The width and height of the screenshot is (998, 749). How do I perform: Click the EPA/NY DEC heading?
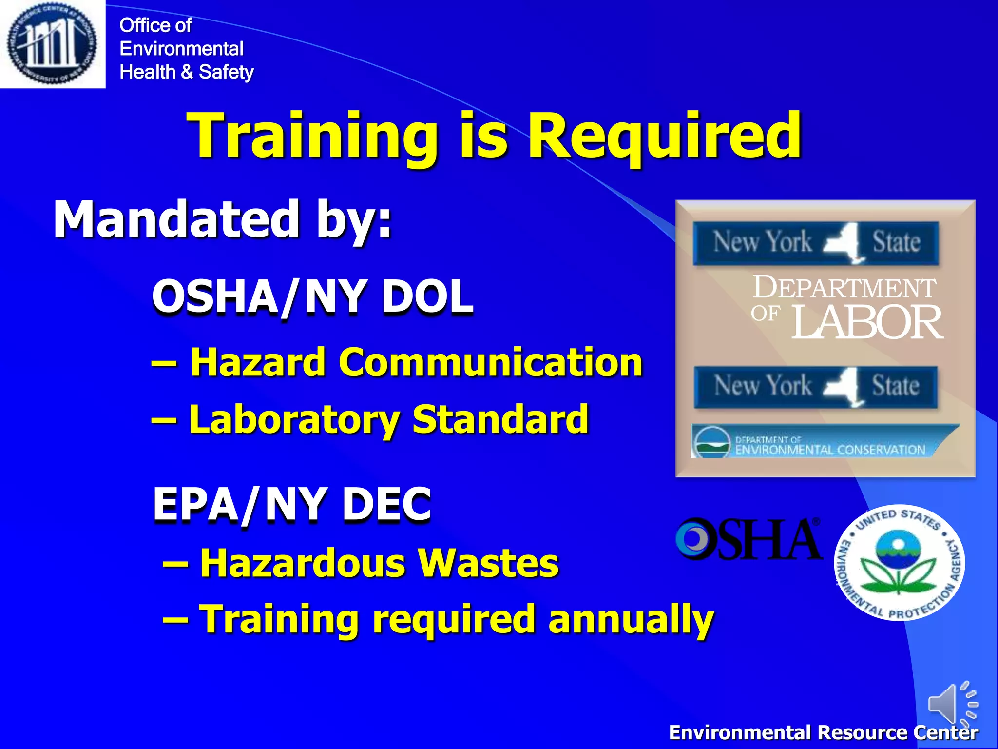click(292, 504)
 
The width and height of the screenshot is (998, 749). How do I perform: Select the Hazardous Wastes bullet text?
click(361, 563)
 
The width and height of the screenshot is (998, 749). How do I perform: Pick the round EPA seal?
click(900, 563)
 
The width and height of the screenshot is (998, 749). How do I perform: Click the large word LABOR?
click(867, 322)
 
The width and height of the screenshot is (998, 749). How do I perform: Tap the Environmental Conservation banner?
click(824, 441)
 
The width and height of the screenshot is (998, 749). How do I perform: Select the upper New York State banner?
click(816, 242)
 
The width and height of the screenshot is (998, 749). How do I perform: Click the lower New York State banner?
click(816, 386)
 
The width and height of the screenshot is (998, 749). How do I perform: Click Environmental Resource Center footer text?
click(823, 732)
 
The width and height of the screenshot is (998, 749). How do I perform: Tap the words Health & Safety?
click(187, 72)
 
